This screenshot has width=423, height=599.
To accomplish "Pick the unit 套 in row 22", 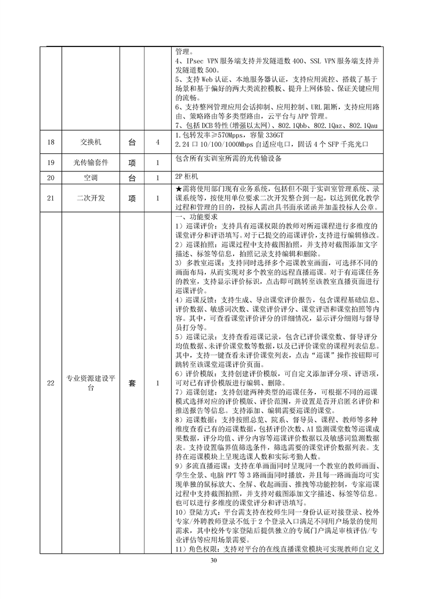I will pos(132,383).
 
